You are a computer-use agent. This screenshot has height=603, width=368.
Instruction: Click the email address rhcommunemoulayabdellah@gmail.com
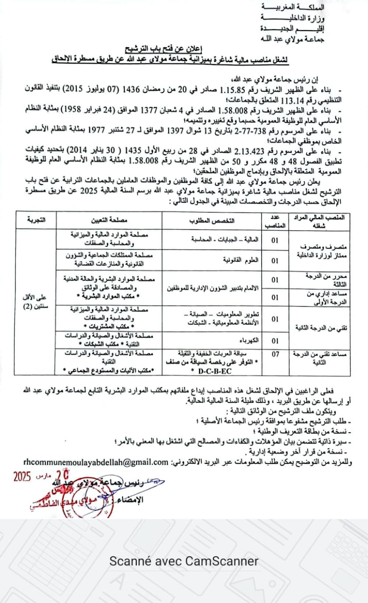pos(95,462)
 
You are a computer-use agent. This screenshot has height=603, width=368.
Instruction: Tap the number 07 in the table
pos(275,354)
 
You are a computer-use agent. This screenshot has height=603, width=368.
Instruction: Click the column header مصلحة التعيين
pos(109,220)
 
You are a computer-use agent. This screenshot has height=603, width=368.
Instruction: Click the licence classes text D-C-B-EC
pos(214,371)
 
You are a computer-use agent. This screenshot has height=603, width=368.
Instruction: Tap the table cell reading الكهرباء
pos(250,341)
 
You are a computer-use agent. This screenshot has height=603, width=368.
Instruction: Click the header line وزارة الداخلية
pos(293,17)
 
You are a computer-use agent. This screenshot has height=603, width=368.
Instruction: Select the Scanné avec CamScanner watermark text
pos(184,561)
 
